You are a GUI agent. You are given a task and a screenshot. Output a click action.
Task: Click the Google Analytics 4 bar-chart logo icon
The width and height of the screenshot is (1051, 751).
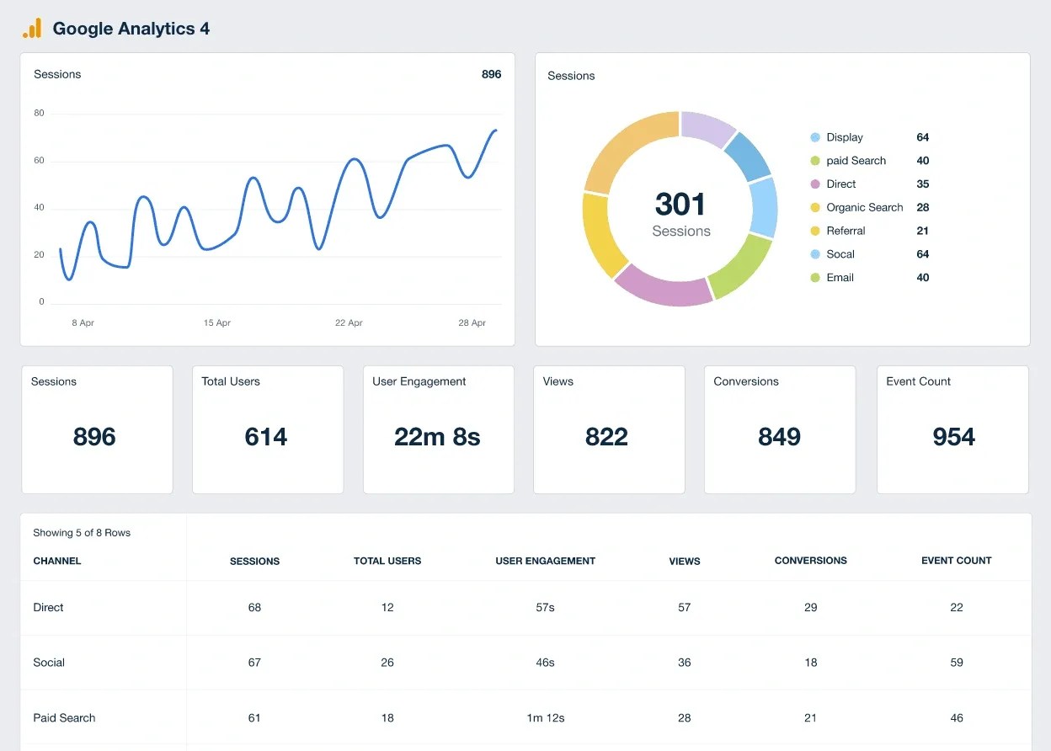(32, 29)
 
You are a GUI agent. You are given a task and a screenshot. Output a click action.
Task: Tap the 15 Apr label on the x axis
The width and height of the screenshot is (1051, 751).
(217, 323)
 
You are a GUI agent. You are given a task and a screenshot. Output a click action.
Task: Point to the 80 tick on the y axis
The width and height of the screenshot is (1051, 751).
(39, 113)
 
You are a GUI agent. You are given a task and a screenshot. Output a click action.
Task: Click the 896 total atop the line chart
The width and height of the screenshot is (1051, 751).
(491, 74)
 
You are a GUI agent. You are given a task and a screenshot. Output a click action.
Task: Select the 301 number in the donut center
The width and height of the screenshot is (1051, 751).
(680, 204)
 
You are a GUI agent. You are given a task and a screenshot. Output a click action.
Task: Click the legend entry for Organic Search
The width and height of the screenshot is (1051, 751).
(864, 207)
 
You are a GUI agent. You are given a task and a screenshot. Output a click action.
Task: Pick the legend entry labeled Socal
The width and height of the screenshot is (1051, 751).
(840, 254)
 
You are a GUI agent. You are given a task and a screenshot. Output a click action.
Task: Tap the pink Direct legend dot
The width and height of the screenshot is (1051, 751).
(814, 184)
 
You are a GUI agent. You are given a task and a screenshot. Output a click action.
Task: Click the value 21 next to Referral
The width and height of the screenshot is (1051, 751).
(922, 231)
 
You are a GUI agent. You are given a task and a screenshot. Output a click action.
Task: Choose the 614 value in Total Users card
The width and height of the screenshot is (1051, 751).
(266, 437)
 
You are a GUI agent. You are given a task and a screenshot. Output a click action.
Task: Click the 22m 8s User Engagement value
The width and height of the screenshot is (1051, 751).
(437, 437)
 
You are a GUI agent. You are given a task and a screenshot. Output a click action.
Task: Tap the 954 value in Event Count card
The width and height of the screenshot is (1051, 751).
(953, 437)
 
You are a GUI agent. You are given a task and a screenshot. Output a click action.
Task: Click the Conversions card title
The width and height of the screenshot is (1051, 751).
(746, 381)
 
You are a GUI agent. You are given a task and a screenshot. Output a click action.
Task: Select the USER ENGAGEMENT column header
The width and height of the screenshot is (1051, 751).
(545, 561)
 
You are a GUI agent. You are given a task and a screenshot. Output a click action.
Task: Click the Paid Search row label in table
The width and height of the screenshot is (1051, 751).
(64, 718)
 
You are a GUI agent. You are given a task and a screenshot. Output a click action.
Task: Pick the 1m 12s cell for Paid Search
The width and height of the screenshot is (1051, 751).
(545, 718)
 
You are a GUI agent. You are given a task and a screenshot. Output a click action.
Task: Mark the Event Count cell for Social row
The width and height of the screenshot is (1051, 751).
(956, 663)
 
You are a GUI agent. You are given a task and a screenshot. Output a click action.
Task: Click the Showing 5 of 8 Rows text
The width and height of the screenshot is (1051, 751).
(82, 533)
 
